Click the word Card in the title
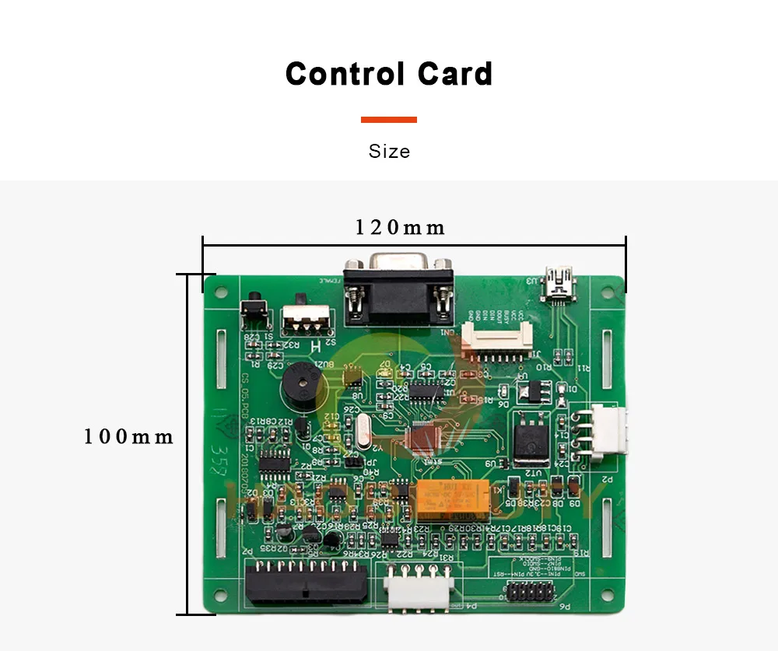(x=455, y=74)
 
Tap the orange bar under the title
(x=389, y=120)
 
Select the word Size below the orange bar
(x=389, y=151)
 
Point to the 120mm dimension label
(x=400, y=227)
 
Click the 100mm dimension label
(x=128, y=436)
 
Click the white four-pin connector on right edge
(x=608, y=432)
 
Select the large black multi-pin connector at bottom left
(x=306, y=583)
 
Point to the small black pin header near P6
(x=530, y=593)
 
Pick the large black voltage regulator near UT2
(x=532, y=434)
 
